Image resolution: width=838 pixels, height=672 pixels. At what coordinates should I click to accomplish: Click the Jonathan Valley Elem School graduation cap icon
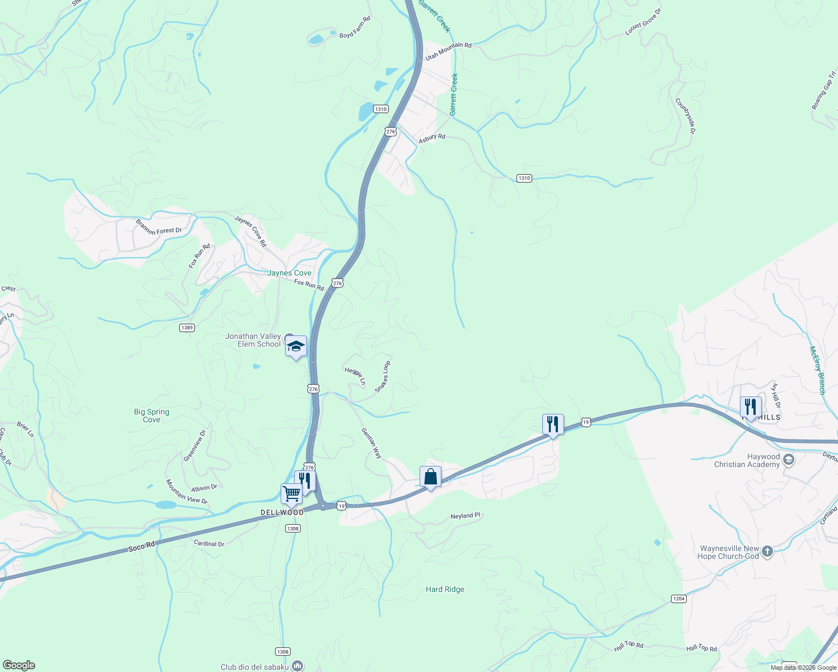click(x=296, y=346)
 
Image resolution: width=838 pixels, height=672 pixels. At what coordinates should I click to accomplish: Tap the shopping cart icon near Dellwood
click(x=291, y=494)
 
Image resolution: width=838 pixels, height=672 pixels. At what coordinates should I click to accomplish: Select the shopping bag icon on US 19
click(x=430, y=477)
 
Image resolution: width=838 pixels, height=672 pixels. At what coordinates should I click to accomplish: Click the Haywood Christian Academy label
click(x=747, y=460)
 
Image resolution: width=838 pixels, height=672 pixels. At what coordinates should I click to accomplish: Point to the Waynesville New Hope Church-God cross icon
click(x=767, y=552)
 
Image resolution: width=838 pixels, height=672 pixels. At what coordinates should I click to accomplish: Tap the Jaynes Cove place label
click(x=289, y=273)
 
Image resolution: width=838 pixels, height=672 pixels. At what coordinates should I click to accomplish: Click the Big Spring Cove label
click(x=151, y=416)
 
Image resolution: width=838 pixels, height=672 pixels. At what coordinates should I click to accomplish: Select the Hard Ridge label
click(x=445, y=589)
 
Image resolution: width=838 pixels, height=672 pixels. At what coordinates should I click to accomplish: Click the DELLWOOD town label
click(x=282, y=512)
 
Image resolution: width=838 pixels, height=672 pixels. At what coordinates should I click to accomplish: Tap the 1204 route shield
click(x=678, y=599)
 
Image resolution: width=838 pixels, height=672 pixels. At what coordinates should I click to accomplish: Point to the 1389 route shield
click(x=187, y=328)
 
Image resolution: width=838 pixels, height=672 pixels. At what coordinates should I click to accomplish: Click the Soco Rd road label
click(x=141, y=547)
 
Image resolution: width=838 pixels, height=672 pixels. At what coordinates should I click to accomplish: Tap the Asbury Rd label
click(x=432, y=137)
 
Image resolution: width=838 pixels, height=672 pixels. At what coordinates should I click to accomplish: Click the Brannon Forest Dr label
click(x=159, y=227)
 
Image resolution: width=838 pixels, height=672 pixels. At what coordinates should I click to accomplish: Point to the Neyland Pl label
click(x=465, y=516)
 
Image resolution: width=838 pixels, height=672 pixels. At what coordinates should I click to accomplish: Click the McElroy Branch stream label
click(x=817, y=370)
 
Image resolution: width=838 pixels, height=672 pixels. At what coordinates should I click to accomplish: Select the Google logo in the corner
click(x=18, y=665)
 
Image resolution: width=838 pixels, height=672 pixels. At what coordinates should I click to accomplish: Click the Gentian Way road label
click(x=371, y=444)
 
